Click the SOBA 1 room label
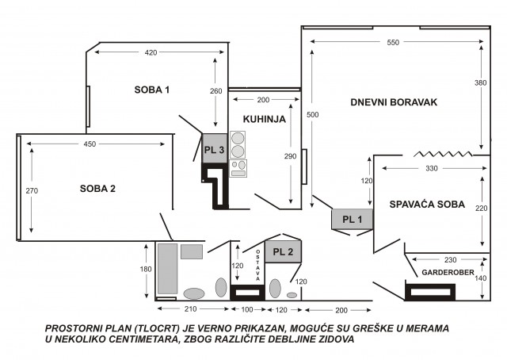151,90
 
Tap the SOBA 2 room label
97,189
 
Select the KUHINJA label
264,119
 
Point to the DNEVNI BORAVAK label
394,102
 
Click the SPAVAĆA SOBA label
427,205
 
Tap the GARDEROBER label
448,273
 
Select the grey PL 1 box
352,219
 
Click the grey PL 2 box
284,251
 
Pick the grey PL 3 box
215,148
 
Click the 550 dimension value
393,42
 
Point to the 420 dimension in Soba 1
151,52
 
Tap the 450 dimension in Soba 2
90,144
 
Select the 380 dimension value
481,83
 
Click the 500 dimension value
313,115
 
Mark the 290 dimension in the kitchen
290,156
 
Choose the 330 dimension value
432,168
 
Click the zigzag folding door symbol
443,154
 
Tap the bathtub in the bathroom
167,269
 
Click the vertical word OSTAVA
257,265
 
